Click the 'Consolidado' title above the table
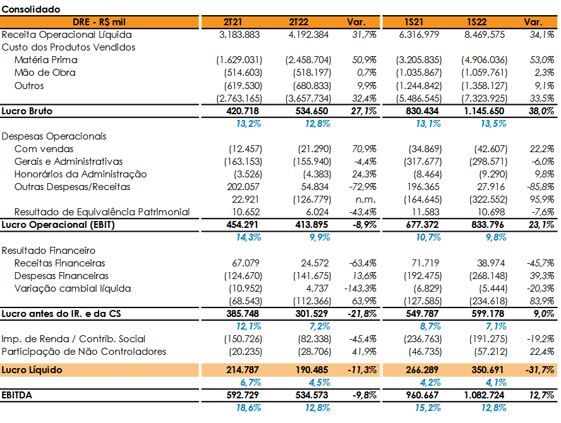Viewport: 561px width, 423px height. (31, 9)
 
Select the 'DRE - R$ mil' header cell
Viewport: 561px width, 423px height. (99, 22)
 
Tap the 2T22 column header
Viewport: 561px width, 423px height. (298, 22)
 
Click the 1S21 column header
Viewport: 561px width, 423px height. (414, 22)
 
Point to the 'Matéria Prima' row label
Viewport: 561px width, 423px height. (45, 60)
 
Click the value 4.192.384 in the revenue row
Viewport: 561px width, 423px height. (308, 35)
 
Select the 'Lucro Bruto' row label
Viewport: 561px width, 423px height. (27, 111)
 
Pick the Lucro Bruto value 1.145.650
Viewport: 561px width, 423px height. (484, 111)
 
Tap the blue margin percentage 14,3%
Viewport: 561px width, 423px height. (248, 237)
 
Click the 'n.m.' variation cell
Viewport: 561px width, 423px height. (363, 199)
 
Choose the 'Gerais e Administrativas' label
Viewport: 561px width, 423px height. (68, 162)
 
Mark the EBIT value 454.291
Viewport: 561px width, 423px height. (242, 225)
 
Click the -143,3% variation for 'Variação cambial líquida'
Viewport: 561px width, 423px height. (360, 288)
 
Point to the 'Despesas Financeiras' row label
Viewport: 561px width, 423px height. (61, 276)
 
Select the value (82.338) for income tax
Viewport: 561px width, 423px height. (315, 338)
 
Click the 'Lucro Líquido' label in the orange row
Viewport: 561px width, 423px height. (32, 370)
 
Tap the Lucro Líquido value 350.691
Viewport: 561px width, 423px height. (487, 370)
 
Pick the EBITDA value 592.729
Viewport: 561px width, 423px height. (242, 395)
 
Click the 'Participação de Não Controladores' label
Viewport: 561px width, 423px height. (84, 352)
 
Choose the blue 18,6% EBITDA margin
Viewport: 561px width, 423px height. (248, 408)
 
